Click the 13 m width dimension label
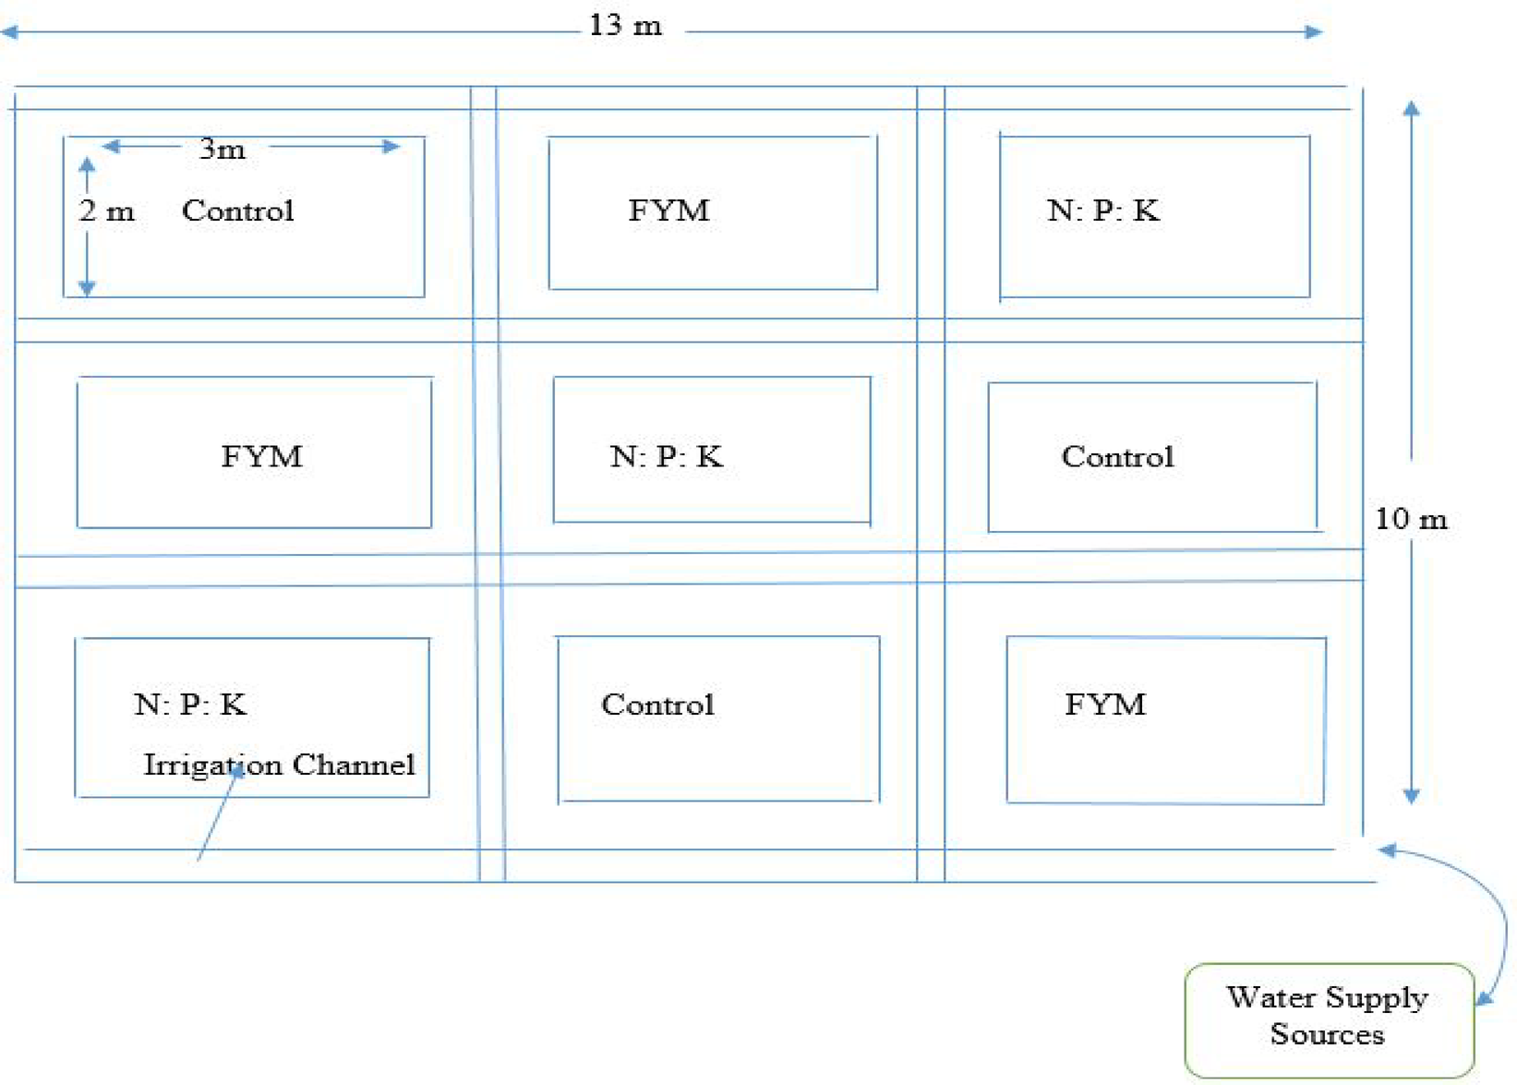pos(625,25)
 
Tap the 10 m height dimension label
pos(1411,518)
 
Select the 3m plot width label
pos(222,149)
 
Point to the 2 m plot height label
pos(106,211)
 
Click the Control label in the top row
pos(237,211)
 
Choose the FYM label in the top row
pos(668,211)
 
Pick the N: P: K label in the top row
pos(1103,211)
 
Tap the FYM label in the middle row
pos(261,456)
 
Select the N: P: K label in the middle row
pos(666,456)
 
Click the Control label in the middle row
pos(1117,456)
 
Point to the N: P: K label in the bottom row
pos(190,705)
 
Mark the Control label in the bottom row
pos(657,705)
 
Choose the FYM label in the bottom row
pos(1105,705)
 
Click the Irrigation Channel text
pos(279,765)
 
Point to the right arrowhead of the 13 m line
pos(1314,32)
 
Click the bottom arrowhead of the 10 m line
pos(1411,795)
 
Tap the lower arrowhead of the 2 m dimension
pos(87,288)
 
